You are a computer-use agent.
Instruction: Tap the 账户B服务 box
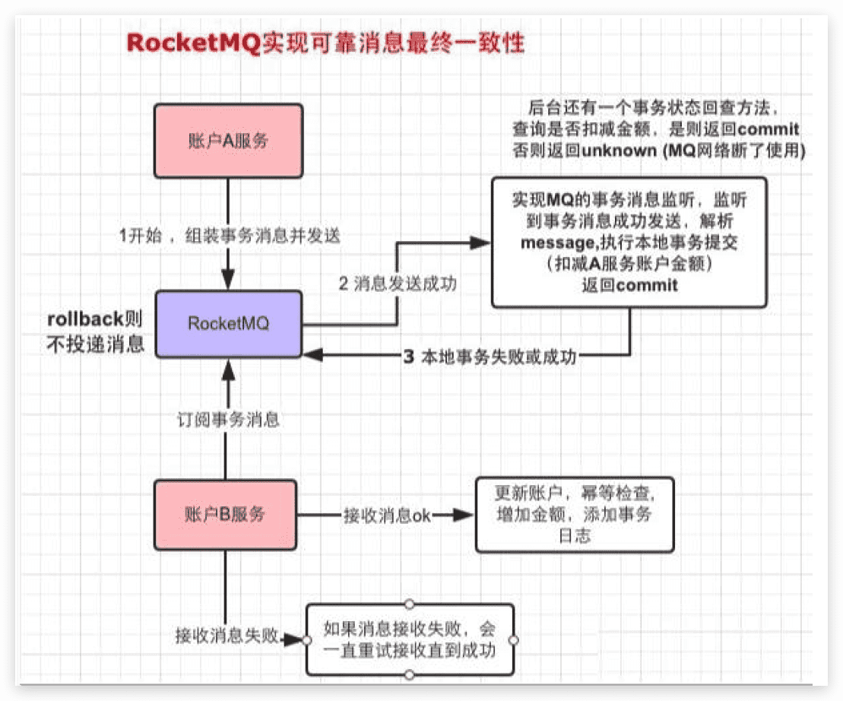tap(225, 515)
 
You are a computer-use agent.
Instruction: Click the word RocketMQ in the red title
tap(194, 43)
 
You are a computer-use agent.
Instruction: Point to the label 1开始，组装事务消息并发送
tap(229, 236)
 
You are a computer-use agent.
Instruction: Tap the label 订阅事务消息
tap(226, 420)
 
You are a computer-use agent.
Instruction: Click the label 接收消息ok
tap(386, 515)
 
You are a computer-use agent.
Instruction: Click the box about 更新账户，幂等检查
tap(574, 515)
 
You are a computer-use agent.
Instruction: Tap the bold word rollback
tap(80, 319)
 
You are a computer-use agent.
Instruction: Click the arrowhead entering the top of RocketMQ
tap(226, 281)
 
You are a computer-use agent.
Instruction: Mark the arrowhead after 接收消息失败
tap(294, 639)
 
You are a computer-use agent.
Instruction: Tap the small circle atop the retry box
tap(409, 604)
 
